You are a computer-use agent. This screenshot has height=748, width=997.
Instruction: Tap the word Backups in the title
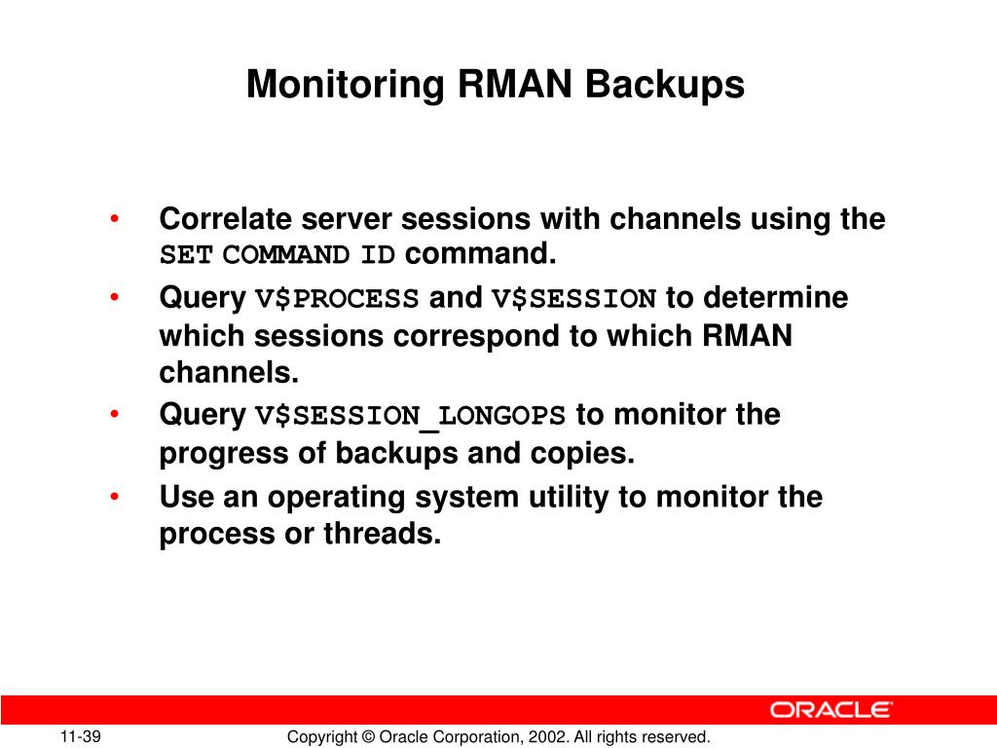(664, 85)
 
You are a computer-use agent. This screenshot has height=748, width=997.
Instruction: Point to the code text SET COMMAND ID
(277, 256)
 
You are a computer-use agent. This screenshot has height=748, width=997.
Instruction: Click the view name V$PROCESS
(337, 299)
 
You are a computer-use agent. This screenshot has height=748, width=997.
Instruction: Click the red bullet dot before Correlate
(115, 219)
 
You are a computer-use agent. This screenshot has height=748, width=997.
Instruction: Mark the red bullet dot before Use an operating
(115, 497)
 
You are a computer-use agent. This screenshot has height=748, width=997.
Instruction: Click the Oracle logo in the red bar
(831, 709)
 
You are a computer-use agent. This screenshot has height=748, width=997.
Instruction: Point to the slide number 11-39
(81, 737)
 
